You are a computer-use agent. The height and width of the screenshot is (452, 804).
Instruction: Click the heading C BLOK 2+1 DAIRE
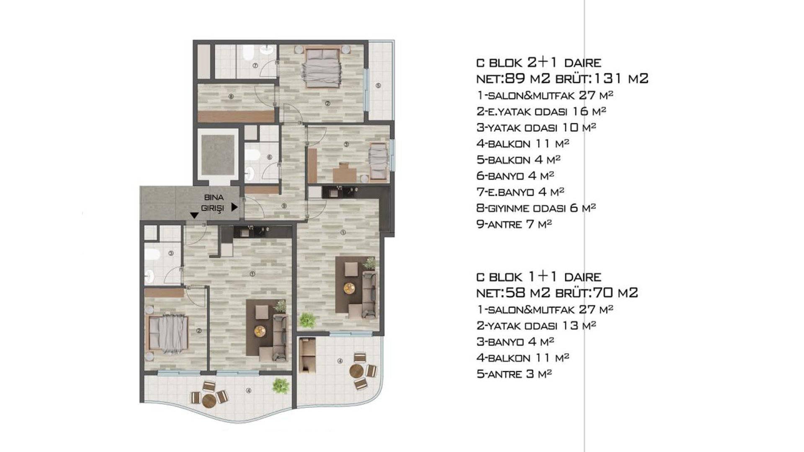click(539, 62)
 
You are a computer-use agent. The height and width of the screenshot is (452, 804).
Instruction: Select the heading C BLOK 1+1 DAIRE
click(539, 277)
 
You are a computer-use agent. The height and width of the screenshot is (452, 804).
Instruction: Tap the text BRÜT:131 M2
click(602, 78)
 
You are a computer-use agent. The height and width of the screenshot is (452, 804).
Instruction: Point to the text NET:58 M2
click(513, 293)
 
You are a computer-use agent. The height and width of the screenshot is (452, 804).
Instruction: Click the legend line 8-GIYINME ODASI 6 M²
click(536, 208)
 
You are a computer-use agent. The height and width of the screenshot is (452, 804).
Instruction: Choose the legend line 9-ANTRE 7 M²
click(514, 224)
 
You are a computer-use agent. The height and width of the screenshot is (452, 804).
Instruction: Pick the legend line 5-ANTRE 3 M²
click(514, 374)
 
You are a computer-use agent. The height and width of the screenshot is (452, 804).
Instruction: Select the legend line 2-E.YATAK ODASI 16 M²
click(541, 111)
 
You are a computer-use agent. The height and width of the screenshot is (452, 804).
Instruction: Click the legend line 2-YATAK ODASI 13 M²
click(536, 326)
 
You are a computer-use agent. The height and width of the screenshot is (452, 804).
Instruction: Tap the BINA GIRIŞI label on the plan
click(214, 203)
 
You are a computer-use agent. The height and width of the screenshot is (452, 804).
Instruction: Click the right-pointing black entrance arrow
click(234, 207)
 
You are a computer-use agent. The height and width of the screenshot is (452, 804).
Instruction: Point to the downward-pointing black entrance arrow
click(194, 215)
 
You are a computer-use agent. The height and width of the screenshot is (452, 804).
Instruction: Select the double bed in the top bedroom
click(322, 68)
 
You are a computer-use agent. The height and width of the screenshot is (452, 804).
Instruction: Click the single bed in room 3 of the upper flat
click(379, 161)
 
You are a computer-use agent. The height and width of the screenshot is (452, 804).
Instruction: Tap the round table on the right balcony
click(356, 371)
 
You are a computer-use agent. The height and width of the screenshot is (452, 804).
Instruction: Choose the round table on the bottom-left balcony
click(209, 401)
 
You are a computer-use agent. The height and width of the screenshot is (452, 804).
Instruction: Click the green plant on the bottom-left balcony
click(280, 385)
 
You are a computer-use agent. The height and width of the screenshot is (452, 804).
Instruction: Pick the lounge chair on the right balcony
click(308, 355)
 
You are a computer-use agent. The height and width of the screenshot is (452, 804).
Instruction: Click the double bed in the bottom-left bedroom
click(167, 333)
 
